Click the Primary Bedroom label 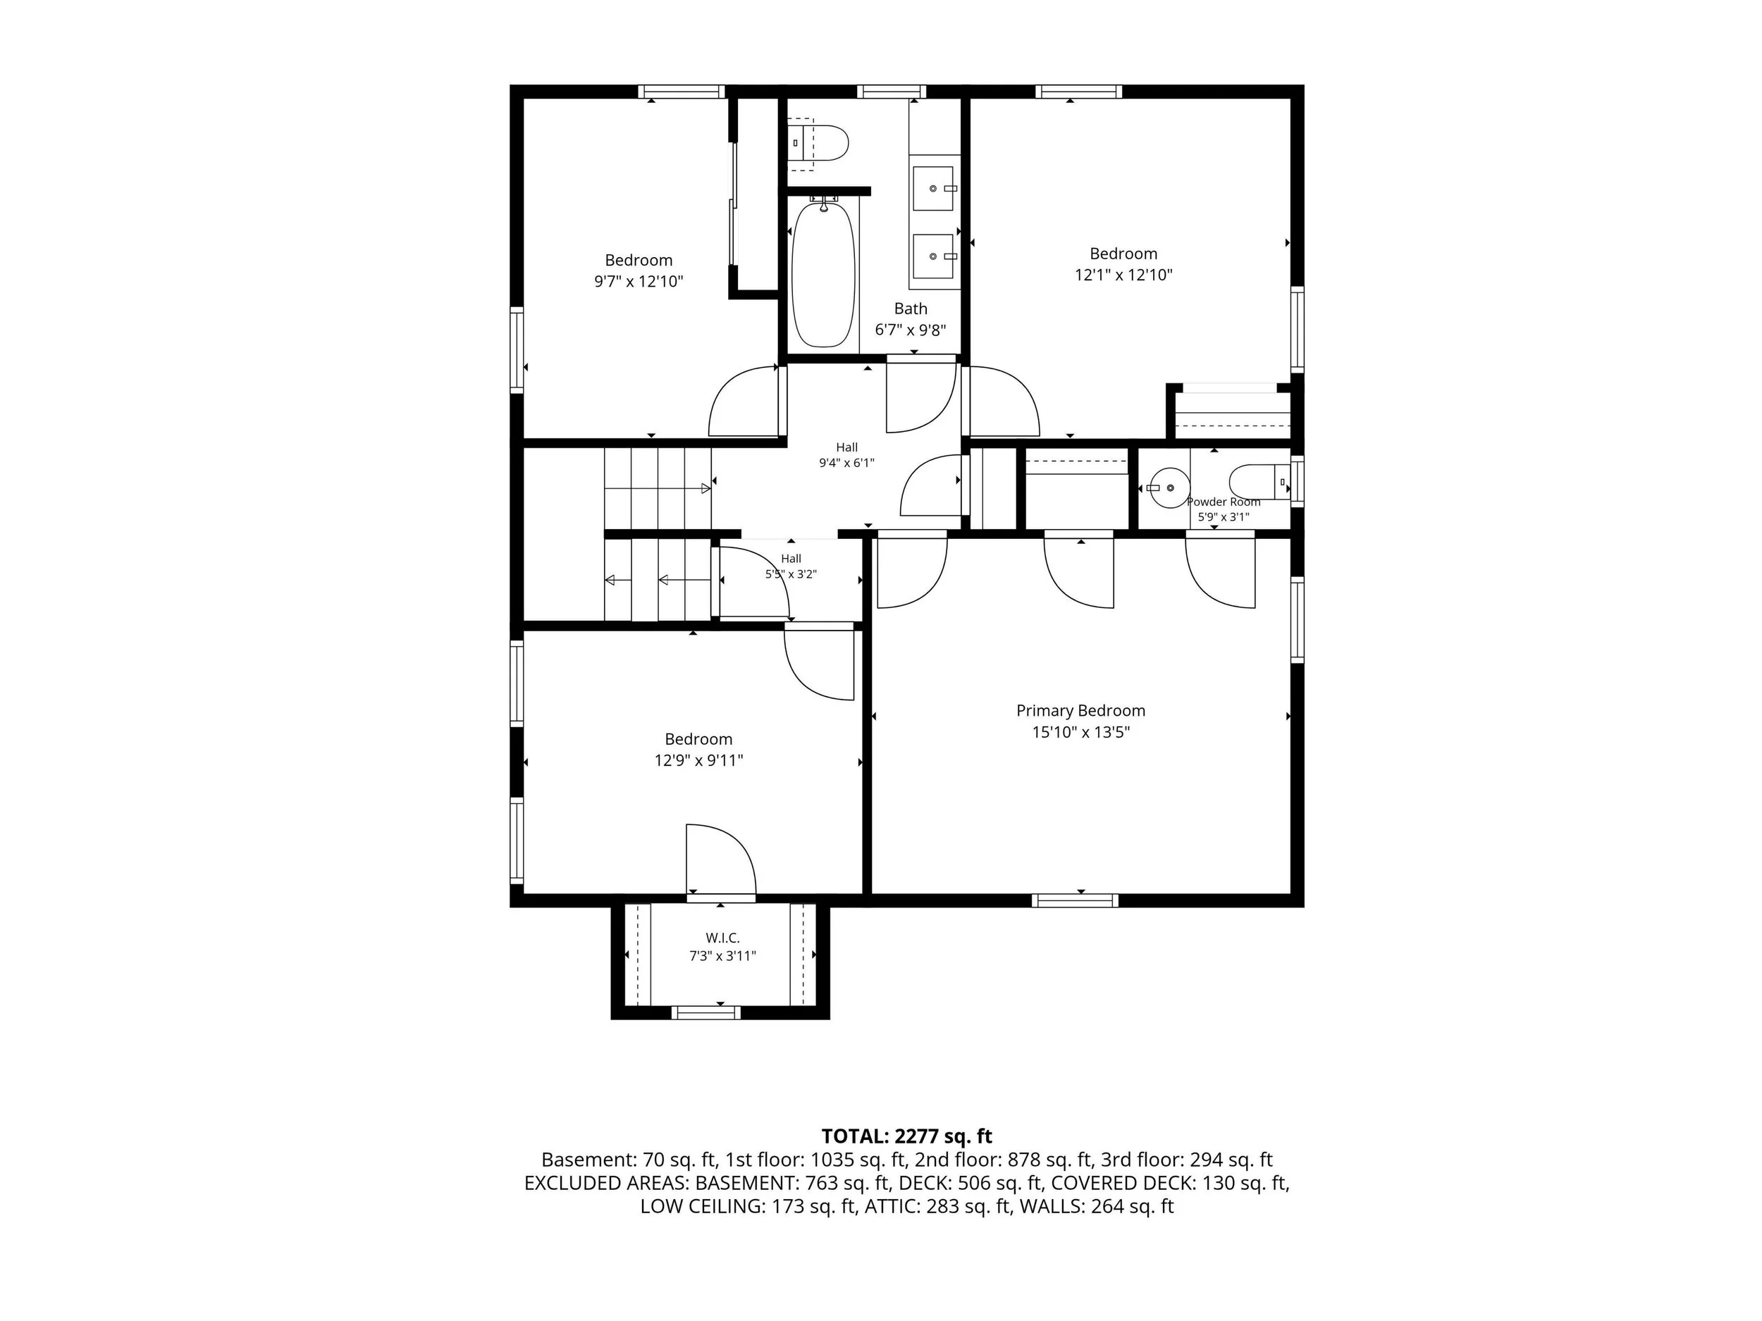click(1080, 710)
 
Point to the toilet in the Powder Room click(1259, 482)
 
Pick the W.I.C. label click(722, 938)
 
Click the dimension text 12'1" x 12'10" click(1123, 275)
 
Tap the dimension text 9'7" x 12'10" click(638, 282)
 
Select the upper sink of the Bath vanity click(932, 189)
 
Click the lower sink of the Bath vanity click(932, 256)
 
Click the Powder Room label click(1224, 502)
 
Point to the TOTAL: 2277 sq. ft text click(906, 1136)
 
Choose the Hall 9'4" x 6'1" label click(846, 454)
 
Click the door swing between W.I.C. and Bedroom click(721, 860)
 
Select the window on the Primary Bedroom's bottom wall click(1075, 900)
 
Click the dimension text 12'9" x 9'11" click(698, 760)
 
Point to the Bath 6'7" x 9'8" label click(911, 319)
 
